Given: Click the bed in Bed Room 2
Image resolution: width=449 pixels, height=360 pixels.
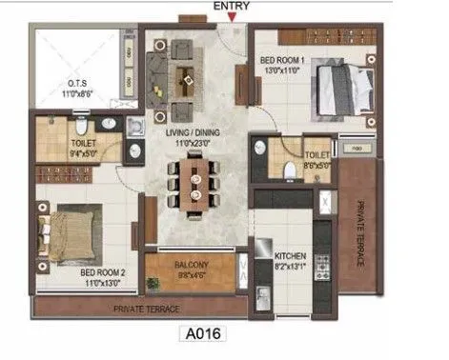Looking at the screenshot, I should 66,231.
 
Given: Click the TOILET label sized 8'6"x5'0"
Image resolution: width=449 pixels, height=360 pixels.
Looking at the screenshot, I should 316,154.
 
